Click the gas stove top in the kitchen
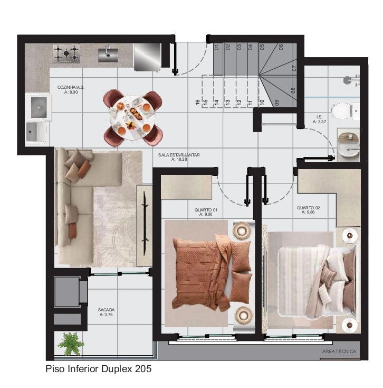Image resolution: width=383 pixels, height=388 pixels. click(x=66, y=53)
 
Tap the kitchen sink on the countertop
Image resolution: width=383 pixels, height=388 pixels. click(x=108, y=53)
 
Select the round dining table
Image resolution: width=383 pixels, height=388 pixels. click(x=133, y=117)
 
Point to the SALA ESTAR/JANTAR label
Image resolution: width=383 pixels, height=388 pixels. click(x=179, y=157)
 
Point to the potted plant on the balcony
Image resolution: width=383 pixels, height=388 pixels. click(x=71, y=344)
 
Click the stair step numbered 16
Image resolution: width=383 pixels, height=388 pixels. click(x=197, y=101)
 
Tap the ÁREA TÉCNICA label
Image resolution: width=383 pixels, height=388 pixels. click(x=339, y=352)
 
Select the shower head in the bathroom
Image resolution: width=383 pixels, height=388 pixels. click(x=347, y=80)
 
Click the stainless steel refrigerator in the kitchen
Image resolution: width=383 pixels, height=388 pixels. click(x=146, y=57)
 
